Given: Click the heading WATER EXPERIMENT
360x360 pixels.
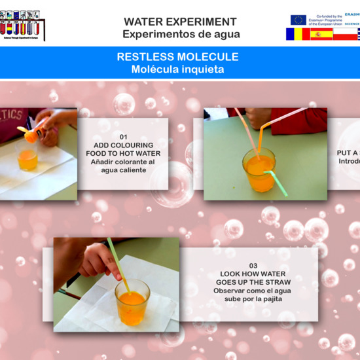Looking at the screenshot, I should click(x=180, y=22).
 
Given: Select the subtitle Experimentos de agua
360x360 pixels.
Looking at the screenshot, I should click(x=181, y=34).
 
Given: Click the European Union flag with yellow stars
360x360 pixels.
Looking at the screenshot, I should click(x=298, y=20).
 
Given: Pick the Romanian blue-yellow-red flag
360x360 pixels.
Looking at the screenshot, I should click(x=297, y=35).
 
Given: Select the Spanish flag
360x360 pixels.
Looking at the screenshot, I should click(x=321, y=35).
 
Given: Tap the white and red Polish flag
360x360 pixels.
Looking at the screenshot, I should click(x=345, y=35).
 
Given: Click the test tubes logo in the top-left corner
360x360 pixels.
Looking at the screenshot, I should click(x=23, y=24).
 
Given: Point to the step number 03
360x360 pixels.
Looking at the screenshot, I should click(x=253, y=266).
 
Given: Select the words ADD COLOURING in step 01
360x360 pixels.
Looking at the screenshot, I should click(x=123, y=145).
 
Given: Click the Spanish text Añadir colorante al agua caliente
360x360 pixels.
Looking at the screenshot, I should click(x=123, y=166).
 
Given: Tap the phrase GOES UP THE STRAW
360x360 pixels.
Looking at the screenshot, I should click(x=253, y=282).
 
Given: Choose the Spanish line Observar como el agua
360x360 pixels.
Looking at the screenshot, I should click(x=253, y=291).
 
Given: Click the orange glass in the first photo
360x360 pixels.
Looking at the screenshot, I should click(x=27, y=158).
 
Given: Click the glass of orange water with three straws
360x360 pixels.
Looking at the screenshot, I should click(x=259, y=171).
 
